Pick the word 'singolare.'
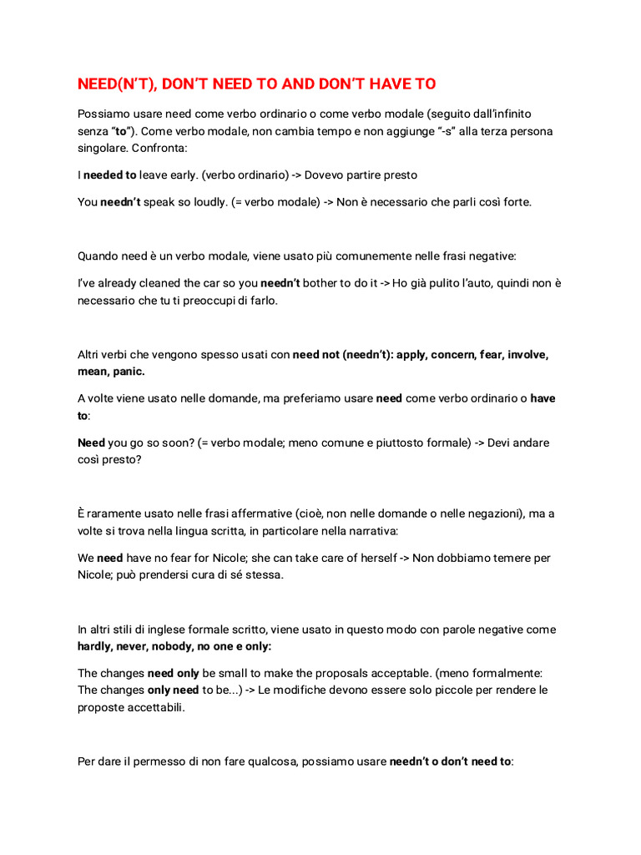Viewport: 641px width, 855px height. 104,149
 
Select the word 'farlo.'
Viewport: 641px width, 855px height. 258,301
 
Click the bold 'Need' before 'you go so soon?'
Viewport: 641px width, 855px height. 91,443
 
